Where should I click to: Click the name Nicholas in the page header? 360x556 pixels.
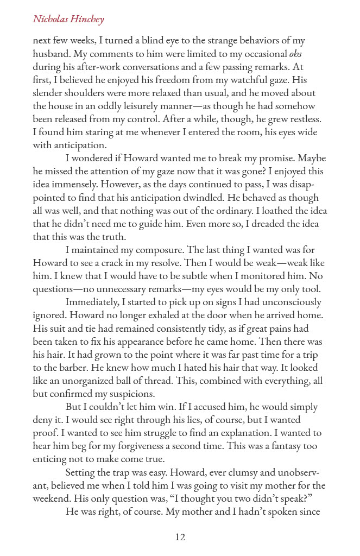pyautogui.click(x=51, y=20)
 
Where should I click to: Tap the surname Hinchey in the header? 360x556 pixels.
pyautogui.click(x=88, y=20)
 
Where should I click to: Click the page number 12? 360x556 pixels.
pyautogui.click(x=180, y=538)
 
